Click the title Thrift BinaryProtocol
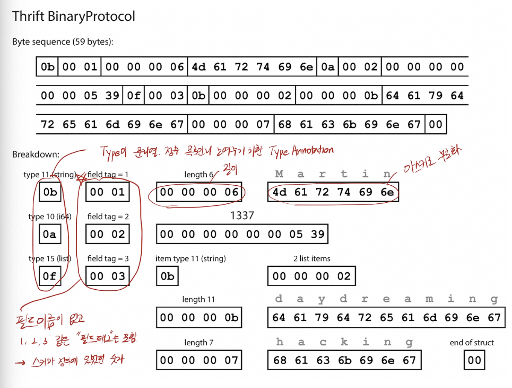tap(74, 16)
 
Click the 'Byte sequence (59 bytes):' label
tap(63, 42)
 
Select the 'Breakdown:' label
tap(36, 154)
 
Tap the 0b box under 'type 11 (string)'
tap(50, 192)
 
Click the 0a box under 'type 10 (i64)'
tap(50, 234)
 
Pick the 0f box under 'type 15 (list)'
tap(50, 276)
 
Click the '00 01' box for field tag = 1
tap(108, 192)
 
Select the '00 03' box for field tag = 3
tap(108, 276)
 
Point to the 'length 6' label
tap(199, 174)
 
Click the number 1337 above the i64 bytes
tap(242, 215)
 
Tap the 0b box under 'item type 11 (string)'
tap(167, 276)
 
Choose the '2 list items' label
tap(312, 259)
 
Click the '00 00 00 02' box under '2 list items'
tap(312, 276)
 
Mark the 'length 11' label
tap(198, 299)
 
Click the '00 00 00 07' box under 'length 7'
tap(199, 361)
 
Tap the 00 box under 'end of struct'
tap(474, 361)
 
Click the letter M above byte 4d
tap(279, 174)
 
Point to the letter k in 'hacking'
tap(344, 342)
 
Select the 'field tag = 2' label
tap(108, 217)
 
